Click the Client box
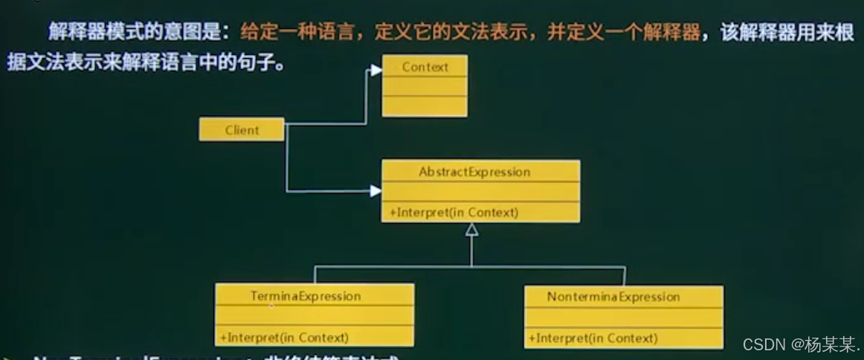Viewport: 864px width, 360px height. point(242,129)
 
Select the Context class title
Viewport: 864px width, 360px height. point(425,67)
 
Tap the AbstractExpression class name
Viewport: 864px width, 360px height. point(474,172)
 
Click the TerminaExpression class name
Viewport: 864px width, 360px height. point(306,296)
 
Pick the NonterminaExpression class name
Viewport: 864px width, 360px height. point(613,297)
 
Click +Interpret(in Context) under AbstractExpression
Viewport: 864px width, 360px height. point(452,212)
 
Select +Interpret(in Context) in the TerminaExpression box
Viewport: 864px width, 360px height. point(283,337)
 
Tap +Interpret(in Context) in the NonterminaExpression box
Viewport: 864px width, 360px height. point(593,338)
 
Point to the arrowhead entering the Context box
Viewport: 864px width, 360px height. point(375,70)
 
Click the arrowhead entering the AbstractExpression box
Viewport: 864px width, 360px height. point(375,191)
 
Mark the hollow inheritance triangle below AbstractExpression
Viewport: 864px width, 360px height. point(471,230)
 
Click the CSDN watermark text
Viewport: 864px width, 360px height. point(764,344)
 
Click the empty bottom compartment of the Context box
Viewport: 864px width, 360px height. point(425,106)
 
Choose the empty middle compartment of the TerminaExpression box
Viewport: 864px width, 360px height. point(315,315)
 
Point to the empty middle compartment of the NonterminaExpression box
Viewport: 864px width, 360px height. point(623,317)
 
